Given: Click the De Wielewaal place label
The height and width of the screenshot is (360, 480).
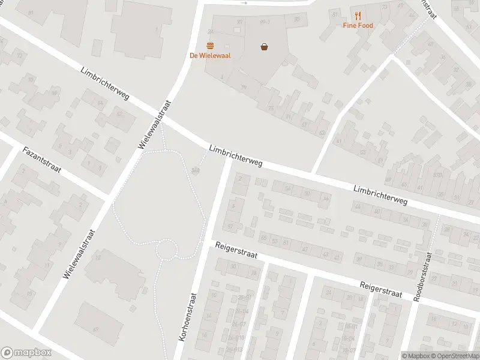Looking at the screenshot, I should (x=210, y=56).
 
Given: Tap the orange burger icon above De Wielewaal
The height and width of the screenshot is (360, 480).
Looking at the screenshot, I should (x=210, y=45).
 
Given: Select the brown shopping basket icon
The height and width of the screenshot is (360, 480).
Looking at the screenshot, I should (x=264, y=46).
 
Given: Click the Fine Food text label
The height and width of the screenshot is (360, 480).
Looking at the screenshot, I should (x=358, y=25).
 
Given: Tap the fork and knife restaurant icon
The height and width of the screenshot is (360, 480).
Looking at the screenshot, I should (x=358, y=16).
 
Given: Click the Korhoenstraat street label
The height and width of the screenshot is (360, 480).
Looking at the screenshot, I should (x=188, y=317).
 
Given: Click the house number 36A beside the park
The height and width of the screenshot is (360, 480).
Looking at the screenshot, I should (x=196, y=170).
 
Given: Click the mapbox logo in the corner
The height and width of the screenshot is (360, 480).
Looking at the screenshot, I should (x=26, y=353).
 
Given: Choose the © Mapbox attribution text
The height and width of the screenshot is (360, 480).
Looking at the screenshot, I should (x=416, y=356).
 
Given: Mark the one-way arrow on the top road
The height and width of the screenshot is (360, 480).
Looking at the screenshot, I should (x=244, y=3).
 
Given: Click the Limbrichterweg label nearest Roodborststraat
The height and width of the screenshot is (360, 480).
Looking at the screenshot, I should (x=380, y=194).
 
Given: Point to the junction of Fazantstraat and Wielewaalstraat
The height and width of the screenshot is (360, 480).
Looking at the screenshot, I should (x=109, y=197).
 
